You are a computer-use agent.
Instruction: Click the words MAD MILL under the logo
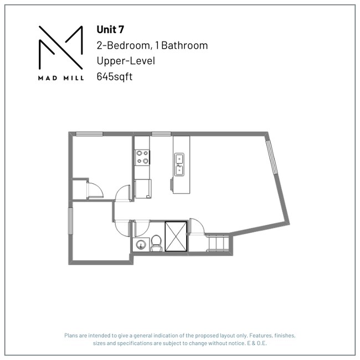tap(61, 78)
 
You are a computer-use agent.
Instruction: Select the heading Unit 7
tap(110, 30)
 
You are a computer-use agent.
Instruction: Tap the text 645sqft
tap(115, 76)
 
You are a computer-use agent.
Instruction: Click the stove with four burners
tap(142, 157)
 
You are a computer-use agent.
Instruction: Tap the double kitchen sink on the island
tap(180, 165)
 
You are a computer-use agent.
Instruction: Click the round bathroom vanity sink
tap(140, 244)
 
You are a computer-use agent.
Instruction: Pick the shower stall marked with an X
tap(177, 237)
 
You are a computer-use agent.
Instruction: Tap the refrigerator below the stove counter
tap(143, 188)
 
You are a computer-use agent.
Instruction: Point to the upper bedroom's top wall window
tap(89, 133)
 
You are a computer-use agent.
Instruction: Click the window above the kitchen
tap(161, 133)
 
